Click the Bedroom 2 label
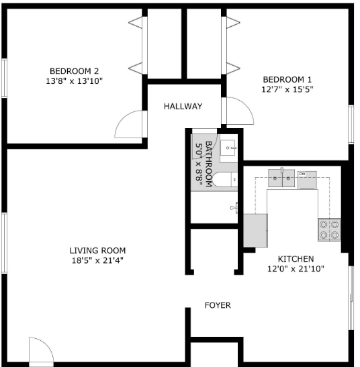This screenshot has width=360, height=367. pyautogui.click(x=75, y=70)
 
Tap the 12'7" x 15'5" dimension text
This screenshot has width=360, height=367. pyautogui.click(x=287, y=88)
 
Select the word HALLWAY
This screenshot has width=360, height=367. pyautogui.click(x=183, y=106)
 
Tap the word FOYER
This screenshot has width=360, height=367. pyautogui.click(x=218, y=305)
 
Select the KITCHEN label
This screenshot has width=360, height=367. pyautogui.click(x=296, y=259)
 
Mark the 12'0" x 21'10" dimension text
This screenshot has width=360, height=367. pyautogui.click(x=296, y=269)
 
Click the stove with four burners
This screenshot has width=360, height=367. pyautogui.click(x=329, y=230)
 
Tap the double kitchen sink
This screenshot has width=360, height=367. pyautogui.click(x=283, y=178)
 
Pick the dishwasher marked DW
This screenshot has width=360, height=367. pyautogui.click(x=307, y=179)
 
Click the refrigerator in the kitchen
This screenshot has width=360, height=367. pyautogui.click(x=255, y=230)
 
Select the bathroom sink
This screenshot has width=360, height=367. pyautogui.click(x=228, y=148)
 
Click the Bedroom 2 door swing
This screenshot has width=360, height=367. pyautogui.click(x=130, y=125)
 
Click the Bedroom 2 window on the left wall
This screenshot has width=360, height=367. pyautogui.click(x=5, y=80)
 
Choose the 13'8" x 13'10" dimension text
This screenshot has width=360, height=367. pyautogui.click(x=75, y=81)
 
